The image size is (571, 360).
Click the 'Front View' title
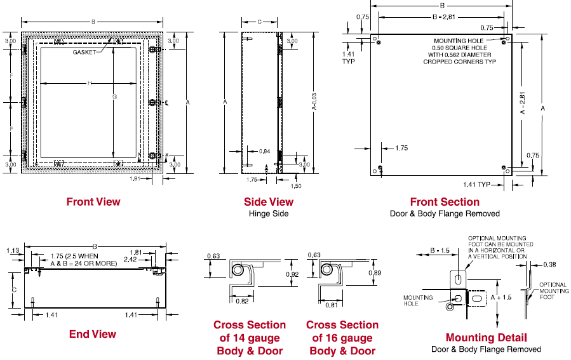point(93,202)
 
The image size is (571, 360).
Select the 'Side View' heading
point(269,202)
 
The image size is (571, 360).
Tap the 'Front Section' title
point(445,202)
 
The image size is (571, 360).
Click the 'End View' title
point(93,334)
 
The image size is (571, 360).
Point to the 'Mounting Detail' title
point(486,337)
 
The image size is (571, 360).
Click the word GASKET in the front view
point(84,52)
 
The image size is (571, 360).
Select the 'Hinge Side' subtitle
point(269,214)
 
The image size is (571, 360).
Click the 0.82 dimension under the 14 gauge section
point(242,300)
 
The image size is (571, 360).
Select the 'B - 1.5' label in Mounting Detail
point(440,251)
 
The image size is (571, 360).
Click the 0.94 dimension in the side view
point(265,151)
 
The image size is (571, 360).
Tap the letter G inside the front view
point(114,97)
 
